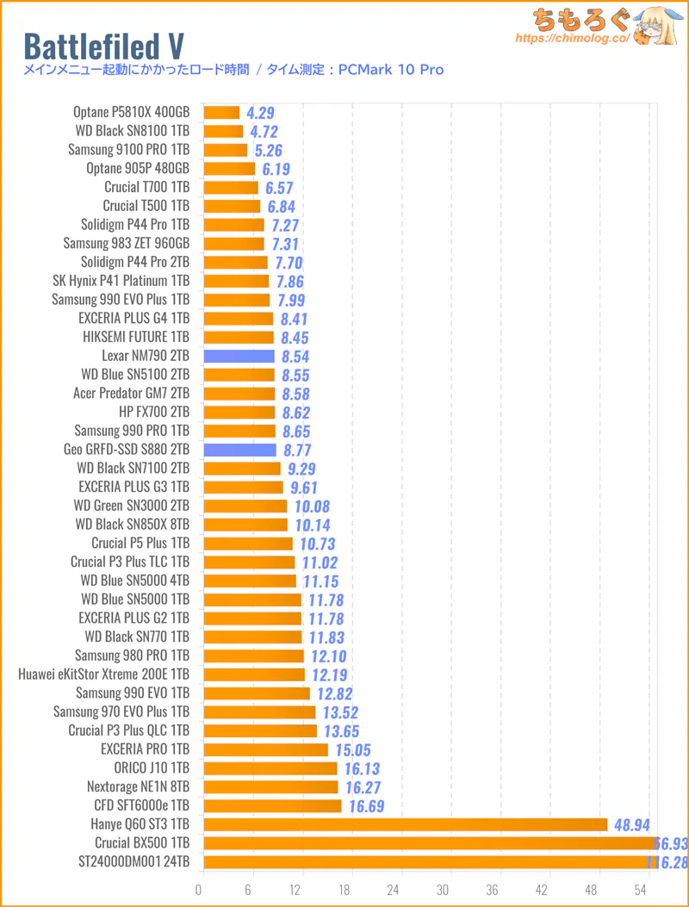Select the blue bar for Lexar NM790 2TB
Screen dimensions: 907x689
tap(239, 356)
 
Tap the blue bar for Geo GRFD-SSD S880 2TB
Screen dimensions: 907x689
tap(239, 450)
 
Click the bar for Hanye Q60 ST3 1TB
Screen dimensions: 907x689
tap(405, 824)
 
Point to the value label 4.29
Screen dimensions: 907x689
tap(260, 113)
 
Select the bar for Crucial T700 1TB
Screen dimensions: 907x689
tap(231, 188)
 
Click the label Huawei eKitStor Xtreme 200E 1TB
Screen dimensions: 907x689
tap(103, 674)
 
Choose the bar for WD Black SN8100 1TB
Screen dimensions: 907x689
tap(223, 132)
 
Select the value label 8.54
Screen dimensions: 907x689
tap(295, 357)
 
